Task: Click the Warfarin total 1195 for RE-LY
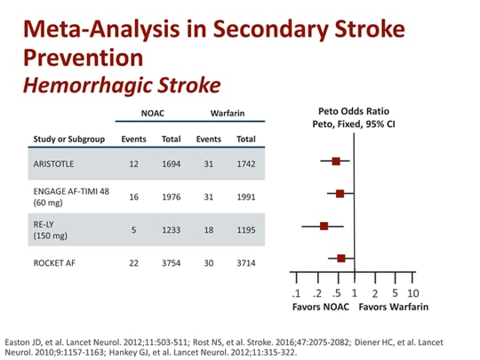(244, 229)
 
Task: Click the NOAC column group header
(152, 114)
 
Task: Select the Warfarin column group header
(227, 114)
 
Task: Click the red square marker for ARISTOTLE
(336, 161)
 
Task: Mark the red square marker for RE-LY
(324, 226)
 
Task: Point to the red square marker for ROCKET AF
(341, 258)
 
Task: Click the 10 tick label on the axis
(413, 293)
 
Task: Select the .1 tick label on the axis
(296, 293)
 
